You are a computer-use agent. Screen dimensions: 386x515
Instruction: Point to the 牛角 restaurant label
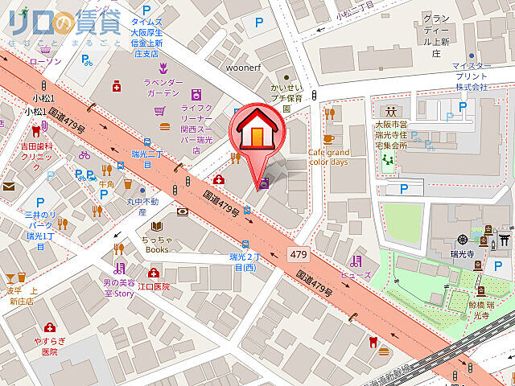106,184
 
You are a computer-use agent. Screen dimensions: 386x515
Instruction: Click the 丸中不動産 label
142,207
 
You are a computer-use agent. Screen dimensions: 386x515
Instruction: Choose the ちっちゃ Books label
156,244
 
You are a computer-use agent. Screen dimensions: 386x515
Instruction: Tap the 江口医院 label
153,286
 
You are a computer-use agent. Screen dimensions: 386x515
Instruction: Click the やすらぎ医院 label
49,346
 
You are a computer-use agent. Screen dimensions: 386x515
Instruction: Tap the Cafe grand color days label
328,156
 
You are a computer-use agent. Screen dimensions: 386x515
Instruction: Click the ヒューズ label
356,275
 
